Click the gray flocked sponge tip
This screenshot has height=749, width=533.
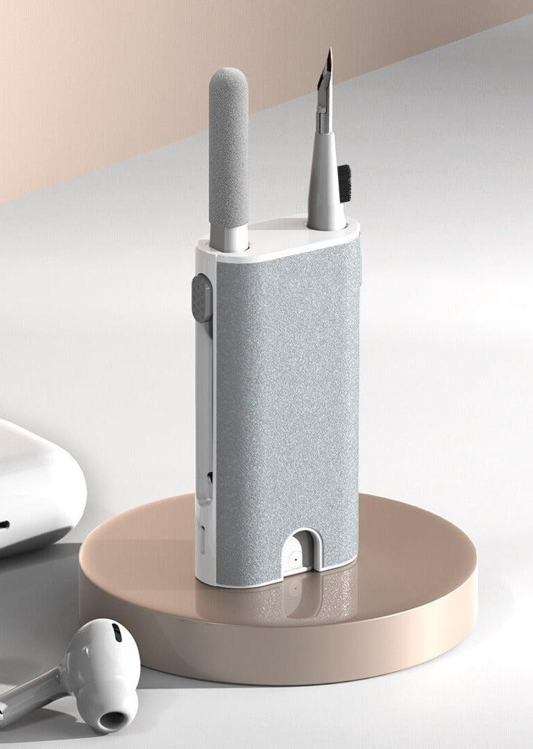[228, 145]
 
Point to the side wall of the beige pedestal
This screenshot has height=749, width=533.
[276, 641]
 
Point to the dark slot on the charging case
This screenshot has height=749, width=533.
[3, 524]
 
